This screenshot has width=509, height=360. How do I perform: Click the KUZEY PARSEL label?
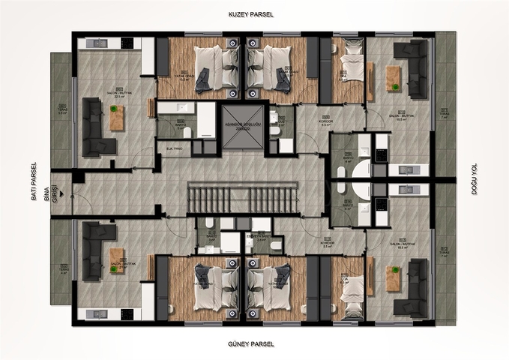(x=252, y=14)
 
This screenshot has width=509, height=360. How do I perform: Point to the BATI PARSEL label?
(x=34, y=180)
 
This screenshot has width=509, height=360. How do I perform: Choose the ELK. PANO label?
(x=175, y=150)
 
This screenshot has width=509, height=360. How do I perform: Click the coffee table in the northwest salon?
(x=116, y=118)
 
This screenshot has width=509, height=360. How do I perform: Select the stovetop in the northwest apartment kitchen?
(x=98, y=43)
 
